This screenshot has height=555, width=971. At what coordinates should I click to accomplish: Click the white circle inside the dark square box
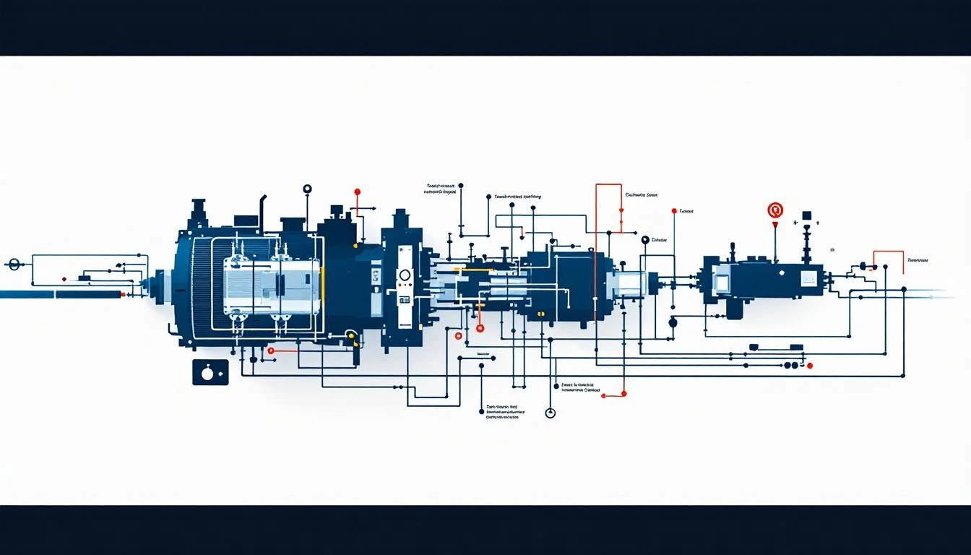(x=208, y=374)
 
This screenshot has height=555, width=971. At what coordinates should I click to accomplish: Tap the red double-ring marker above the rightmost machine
(x=775, y=210)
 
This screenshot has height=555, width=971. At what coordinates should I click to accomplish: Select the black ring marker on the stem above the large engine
(x=308, y=189)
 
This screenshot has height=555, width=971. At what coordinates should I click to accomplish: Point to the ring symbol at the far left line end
(x=13, y=265)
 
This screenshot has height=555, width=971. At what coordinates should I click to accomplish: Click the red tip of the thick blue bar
(x=123, y=295)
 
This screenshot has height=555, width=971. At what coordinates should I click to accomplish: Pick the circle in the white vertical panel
(x=405, y=275)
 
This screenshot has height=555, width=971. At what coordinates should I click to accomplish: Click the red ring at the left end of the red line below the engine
(x=271, y=350)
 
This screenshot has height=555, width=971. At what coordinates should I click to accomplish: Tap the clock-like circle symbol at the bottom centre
(x=551, y=413)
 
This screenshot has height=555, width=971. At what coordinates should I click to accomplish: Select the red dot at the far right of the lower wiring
(x=810, y=366)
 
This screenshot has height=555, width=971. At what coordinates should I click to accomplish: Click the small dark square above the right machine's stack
(x=806, y=215)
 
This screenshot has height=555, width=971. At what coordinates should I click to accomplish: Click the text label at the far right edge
(x=918, y=260)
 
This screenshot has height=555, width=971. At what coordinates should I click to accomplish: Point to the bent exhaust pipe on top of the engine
(x=264, y=206)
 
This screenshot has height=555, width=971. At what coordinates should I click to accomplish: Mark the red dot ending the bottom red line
(x=604, y=395)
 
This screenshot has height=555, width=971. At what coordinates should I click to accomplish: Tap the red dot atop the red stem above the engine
(x=357, y=192)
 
